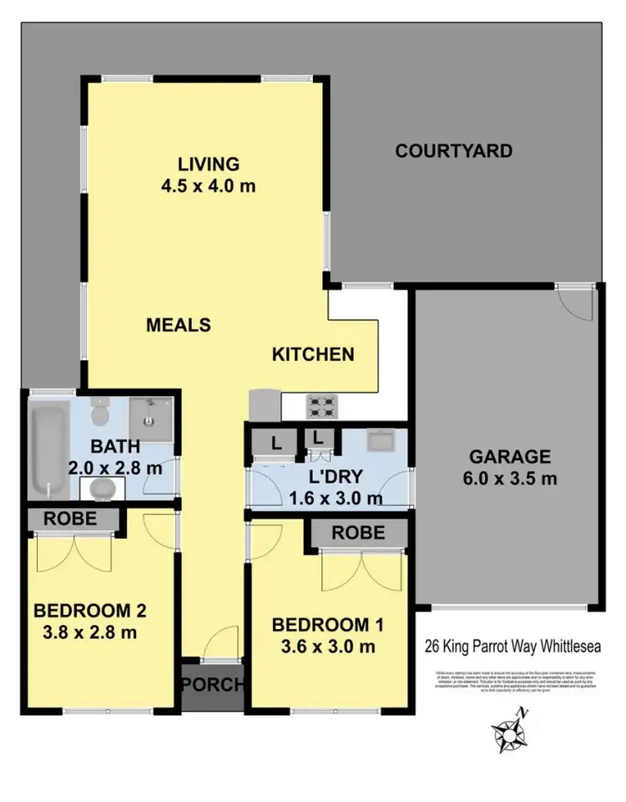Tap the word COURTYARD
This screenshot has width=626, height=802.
point(453,151)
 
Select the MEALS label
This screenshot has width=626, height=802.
point(179,324)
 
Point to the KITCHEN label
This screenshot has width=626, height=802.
point(313,354)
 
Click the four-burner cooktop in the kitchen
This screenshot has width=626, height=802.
point(324,407)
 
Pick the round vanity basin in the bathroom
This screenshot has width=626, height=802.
point(101,487)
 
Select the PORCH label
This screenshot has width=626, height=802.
point(214,686)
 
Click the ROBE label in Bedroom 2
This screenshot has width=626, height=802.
point(71,519)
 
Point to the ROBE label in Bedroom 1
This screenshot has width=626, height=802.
point(360,532)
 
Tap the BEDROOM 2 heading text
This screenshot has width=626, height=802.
point(89,611)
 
